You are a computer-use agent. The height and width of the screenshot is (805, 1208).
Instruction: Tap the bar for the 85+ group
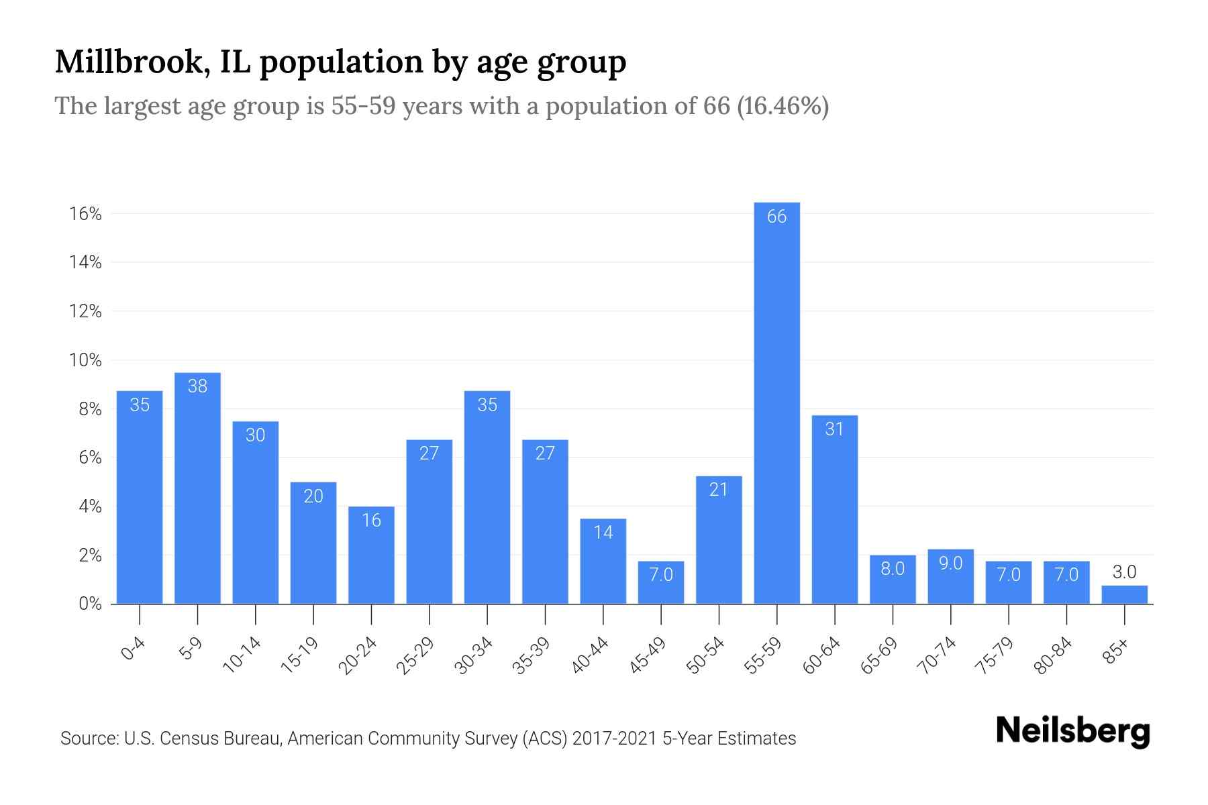point(1124,595)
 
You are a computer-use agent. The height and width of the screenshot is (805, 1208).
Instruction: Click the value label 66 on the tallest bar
point(776,217)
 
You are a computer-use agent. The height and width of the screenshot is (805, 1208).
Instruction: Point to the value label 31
point(834,429)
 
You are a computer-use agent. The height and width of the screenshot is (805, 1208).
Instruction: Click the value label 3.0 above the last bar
point(1124,572)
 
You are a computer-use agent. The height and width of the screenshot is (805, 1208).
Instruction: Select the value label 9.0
point(950,563)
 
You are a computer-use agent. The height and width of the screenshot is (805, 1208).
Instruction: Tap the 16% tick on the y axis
point(85,214)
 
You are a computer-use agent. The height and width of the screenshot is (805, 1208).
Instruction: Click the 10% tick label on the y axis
point(85,360)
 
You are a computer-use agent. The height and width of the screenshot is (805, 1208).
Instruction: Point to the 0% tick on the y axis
point(90,604)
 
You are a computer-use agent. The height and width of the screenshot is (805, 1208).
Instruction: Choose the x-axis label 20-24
point(358,655)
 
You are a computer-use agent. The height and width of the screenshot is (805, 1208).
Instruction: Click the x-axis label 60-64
point(821,655)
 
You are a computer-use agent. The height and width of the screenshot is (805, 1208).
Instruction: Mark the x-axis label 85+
point(1116,651)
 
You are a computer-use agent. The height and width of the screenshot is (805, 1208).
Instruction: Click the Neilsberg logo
point(1072,731)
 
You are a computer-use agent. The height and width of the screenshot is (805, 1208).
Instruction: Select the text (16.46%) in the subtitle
point(783,106)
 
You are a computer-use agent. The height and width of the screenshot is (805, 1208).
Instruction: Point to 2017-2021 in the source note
point(614,739)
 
